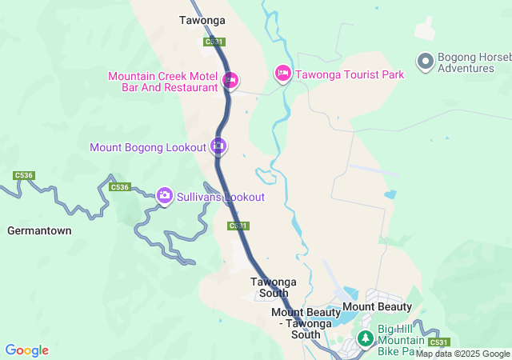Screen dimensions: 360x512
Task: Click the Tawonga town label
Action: coord(202,20)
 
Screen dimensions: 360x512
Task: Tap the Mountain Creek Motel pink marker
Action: coord(230,79)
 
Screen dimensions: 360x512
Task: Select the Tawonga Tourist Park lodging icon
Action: coord(282,74)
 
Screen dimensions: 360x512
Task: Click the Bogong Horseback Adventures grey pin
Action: coord(425,61)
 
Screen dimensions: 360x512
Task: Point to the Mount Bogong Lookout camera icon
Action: coord(218,146)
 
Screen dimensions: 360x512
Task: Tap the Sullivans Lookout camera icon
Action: coord(165,195)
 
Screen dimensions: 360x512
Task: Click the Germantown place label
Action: coord(39,230)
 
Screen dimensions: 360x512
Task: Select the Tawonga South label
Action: coord(274,287)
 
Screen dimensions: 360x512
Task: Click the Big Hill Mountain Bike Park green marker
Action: coord(365,339)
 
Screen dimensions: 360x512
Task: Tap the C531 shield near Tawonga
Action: coord(214,42)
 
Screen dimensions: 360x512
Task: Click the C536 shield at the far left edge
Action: coord(24,175)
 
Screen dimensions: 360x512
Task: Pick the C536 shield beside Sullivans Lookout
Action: coord(119,187)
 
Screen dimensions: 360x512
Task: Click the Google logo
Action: coord(26,350)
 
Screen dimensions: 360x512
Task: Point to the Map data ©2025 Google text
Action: coord(462,354)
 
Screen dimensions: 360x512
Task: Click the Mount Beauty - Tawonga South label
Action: coord(306,323)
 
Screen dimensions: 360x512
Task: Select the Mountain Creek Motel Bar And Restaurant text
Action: coord(164,82)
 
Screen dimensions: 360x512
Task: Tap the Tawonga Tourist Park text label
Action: coord(350,74)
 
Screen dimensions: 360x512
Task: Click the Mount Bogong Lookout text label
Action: coord(148,147)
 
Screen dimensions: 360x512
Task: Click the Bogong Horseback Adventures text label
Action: coord(468,62)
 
